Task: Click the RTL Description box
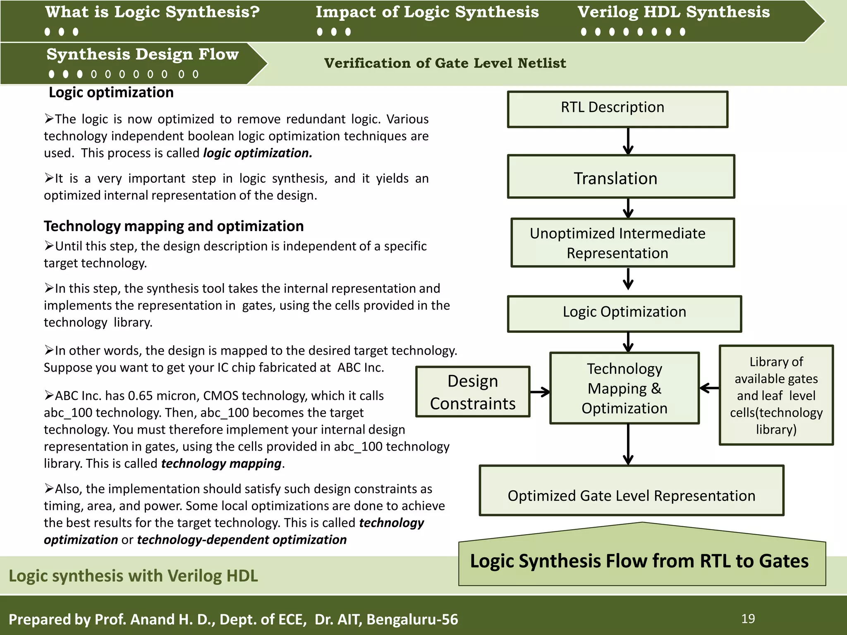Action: [x=617, y=109]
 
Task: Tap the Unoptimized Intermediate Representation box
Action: [x=622, y=243]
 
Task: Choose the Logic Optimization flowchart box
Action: [x=624, y=313]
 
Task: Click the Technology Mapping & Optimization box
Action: [x=624, y=388]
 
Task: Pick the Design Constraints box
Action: [x=472, y=392]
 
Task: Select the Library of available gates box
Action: [x=776, y=395]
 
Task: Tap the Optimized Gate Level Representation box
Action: [x=631, y=491]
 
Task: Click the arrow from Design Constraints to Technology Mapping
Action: [x=540, y=392]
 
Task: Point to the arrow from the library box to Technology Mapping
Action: [x=709, y=388]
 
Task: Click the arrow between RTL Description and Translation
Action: [x=628, y=141]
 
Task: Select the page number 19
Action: [x=748, y=618]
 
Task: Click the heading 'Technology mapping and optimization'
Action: [x=174, y=226]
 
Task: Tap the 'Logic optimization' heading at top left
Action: [x=111, y=92]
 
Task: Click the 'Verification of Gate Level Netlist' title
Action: [x=445, y=63]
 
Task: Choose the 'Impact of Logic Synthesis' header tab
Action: [x=427, y=12]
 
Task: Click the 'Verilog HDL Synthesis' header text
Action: [x=673, y=12]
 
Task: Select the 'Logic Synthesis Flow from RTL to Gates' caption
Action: [x=639, y=561]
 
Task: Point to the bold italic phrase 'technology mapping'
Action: [x=221, y=463]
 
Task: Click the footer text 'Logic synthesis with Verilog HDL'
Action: [x=133, y=575]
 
